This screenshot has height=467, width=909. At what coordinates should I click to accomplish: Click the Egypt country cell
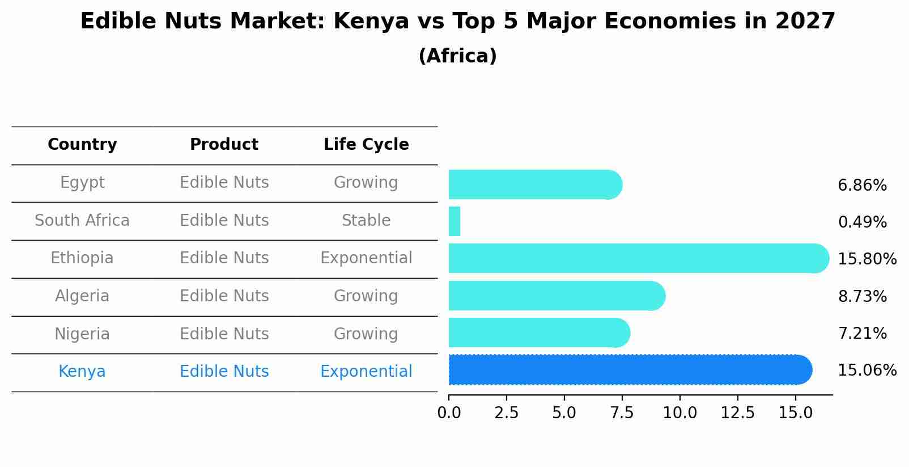point(82,183)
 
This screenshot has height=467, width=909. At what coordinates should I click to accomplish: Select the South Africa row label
point(82,221)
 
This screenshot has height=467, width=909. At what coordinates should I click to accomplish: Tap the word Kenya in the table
point(82,372)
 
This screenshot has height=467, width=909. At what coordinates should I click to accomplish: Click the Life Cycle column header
point(366,145)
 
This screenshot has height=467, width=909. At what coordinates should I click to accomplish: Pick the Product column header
point(224,145)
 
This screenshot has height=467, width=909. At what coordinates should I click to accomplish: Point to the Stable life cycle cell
point(366,221)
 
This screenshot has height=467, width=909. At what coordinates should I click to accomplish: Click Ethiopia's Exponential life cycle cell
point(366,258)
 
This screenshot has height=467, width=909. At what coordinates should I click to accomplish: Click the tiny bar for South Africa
point(455,221)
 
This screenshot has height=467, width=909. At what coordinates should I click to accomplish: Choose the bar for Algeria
point(555,296)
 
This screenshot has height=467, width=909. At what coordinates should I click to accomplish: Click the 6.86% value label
point(862,186)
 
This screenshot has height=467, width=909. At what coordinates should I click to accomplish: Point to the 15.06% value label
point(867,371)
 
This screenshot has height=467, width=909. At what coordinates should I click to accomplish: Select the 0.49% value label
point(862,222)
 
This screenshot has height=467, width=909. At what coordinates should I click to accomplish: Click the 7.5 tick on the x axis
point(622,413)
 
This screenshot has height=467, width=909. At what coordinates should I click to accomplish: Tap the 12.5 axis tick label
point(737,413)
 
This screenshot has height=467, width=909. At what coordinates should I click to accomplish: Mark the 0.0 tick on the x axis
point(449,413)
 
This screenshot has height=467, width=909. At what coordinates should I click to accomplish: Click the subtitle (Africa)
point(457,56)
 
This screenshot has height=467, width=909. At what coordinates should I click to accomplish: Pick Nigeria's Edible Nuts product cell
point(224,334)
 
